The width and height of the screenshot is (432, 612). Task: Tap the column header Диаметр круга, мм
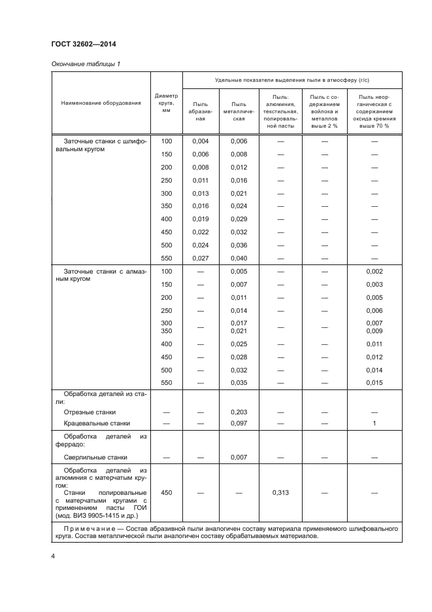click(166, 103)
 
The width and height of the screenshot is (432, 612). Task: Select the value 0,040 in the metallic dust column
click(239, 258)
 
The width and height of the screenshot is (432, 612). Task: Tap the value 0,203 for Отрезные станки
click(239, 412)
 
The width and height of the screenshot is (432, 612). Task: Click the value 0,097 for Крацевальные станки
click(239, 423)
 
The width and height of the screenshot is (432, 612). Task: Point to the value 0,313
click(280, 493)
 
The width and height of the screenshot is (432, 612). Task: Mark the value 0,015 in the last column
click(374, 382)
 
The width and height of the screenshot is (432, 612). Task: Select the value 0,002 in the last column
click(374, 271)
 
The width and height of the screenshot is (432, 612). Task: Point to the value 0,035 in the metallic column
click(239, 382)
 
